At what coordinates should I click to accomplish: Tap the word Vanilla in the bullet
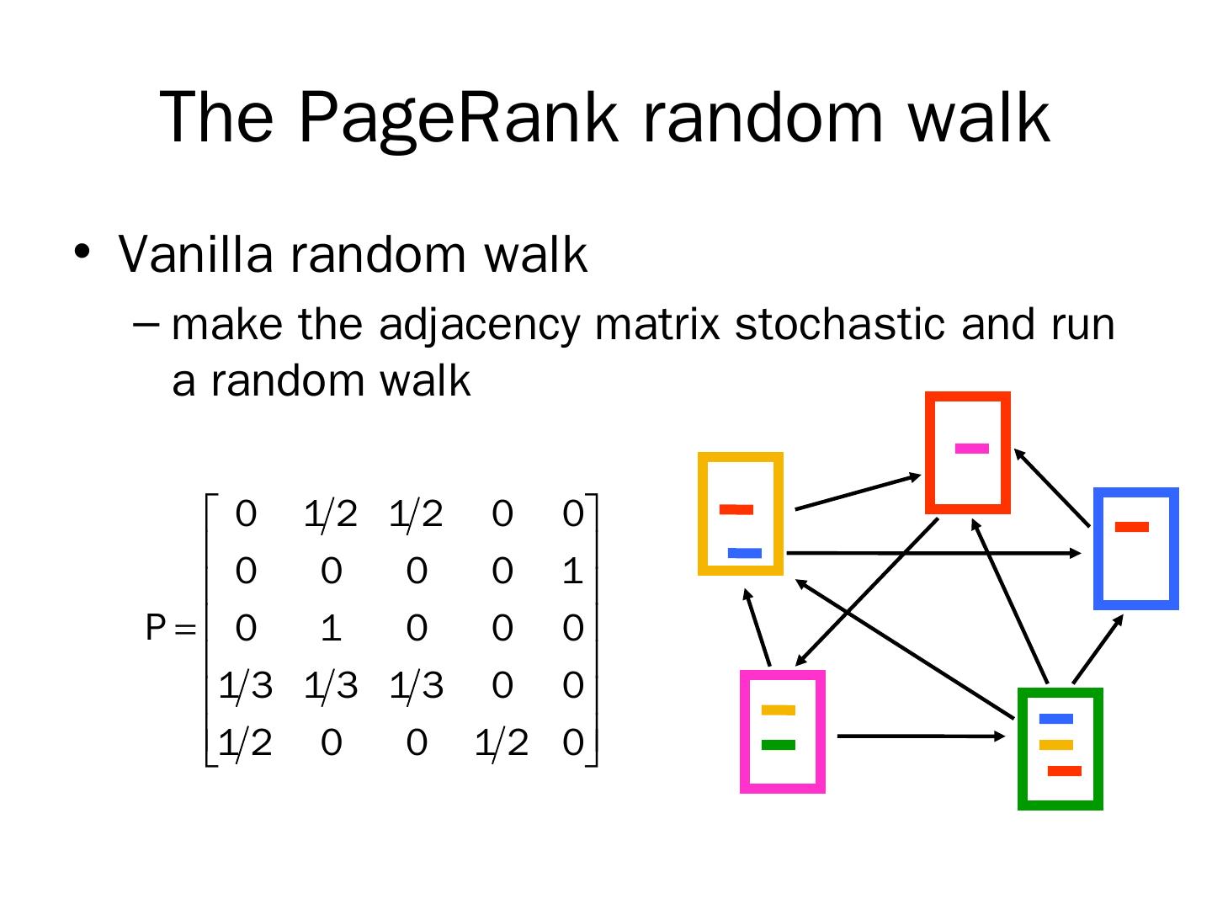(x=194, y=253)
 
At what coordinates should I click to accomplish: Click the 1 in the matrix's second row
(x=572, y=571)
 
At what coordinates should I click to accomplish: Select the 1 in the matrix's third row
(x=332, y=629)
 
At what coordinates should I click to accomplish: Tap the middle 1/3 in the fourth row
(x=332, y=686)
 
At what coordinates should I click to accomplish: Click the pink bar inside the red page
(x=971, y=448)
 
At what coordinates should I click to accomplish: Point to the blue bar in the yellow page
(x=745, y=553)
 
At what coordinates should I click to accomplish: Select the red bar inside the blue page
(x=1131, y=527)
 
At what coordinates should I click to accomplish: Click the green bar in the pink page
(x=778, y=744)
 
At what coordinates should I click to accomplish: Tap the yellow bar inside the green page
(x=1056, y=744)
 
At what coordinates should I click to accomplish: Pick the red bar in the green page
(x=1064, y=771)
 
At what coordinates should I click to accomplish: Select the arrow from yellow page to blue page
(x=934, y=553)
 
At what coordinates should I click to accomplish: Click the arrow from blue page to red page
(x=1052, y=486)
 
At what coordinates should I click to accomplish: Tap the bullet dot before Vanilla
(x=82, y=252)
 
